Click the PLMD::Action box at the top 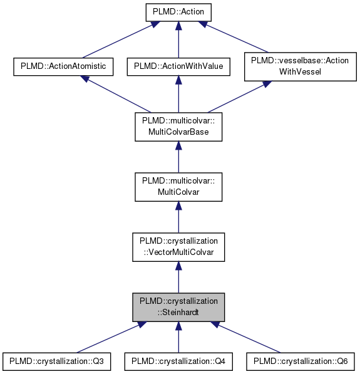178,11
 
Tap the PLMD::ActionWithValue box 178,66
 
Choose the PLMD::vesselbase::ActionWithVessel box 299,66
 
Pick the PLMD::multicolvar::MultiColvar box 178,186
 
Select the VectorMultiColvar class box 178,246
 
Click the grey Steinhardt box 178,306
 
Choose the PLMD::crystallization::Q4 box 178,361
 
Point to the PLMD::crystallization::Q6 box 301,361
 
